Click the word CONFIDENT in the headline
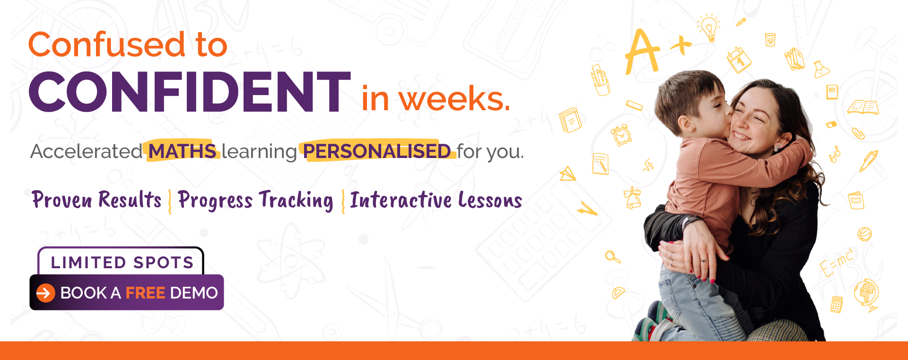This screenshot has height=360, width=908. pyautogui.click(x=190, y=92)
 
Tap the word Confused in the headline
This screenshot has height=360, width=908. pyautogui.click(x=107, y=44)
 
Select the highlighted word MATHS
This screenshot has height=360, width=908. pyautogui.click(x=183, y=151)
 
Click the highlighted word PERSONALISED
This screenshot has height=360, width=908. pyautogui.click(x=377, y=151)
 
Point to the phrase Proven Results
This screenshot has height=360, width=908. pyautogui.click(x=96, y=200)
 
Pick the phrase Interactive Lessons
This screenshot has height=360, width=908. pyautogui.click(x=436, y=200)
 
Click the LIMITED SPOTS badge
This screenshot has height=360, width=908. pyautogui.click(x=121, y=261)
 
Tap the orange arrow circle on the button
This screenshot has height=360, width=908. pyautogui.click(x=46, y=293)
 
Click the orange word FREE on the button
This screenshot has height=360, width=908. pyautogui.click(x=145, y=293)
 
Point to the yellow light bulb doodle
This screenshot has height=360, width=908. pyautogui.click(x=708, y=28)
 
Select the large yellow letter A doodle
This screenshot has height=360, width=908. pyautogui.click(x=642, y=52)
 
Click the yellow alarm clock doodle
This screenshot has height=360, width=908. pyautogui.click(x=621, y=135)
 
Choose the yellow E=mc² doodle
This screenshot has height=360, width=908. pyautogui.click(x=838, y=263)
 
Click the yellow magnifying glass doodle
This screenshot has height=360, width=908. pyautogui.click(x=613, y=257)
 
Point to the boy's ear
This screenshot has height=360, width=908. pyautogui.click(x=684, y=125)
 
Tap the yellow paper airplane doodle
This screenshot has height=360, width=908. pyautogui.click(x=568, y=174)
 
